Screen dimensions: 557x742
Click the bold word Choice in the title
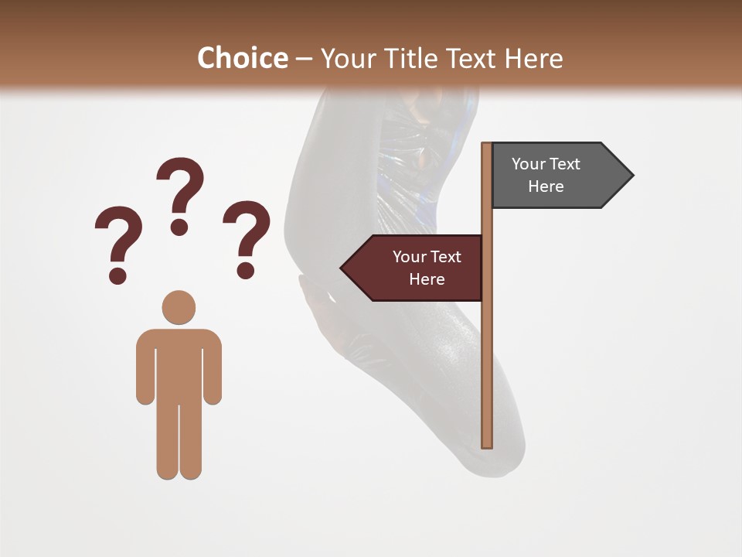point(242,58)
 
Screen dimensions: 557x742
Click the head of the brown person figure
point(179,307)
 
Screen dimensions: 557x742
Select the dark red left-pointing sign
point(417,268)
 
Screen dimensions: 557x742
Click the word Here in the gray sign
point(546,186)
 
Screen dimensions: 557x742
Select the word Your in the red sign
point(409,257)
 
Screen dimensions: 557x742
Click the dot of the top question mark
point(180,227)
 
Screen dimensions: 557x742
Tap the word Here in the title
point(534,58)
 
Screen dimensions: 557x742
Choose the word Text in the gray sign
point(565,164)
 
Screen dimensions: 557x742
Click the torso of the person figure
point(179,364)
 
